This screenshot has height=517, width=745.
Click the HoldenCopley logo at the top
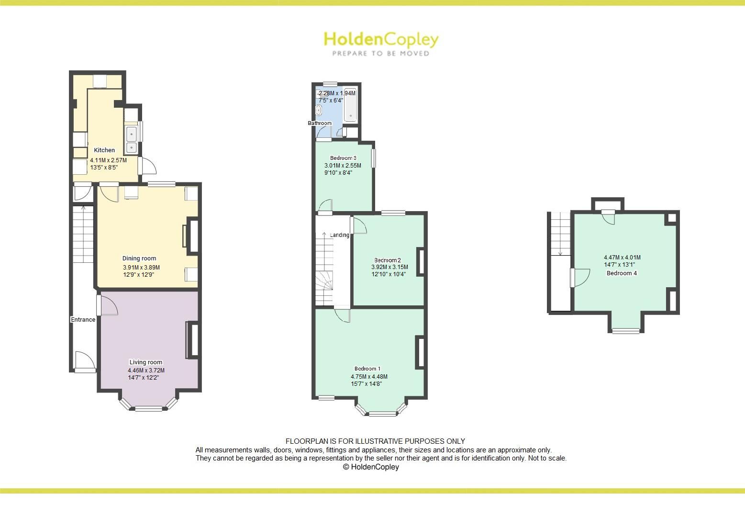[380, 39]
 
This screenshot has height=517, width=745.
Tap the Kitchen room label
[104, 150]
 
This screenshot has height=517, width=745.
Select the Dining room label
[139, 258]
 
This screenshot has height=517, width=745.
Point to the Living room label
[146, 362]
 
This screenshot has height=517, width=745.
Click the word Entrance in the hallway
[83, 320]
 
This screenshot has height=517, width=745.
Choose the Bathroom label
[319, 123]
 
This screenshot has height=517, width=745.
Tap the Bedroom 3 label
[343, 158]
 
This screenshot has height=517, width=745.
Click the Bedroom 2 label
[388, 260]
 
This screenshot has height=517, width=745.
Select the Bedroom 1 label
[367, 369]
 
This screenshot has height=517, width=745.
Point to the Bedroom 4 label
[622, 273]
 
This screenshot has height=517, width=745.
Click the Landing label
[340, 235]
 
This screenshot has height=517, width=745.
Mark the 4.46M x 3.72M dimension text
[146, 371]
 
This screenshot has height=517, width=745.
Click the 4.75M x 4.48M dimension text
[369, 377]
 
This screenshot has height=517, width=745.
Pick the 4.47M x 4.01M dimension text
[622, 258]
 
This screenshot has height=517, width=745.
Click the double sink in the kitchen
[131, 140]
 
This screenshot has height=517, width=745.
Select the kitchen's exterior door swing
[149, 166]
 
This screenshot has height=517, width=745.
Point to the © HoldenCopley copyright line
[371, 467]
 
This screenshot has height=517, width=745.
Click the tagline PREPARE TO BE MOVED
[381, 54]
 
